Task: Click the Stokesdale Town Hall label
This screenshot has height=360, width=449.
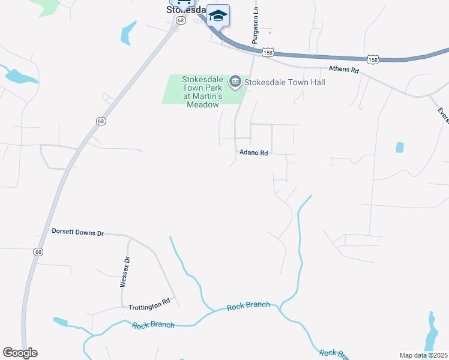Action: coord(285,82)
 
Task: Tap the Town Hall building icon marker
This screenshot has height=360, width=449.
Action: coord(235,82)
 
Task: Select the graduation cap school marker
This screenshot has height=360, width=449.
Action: coord(218,16)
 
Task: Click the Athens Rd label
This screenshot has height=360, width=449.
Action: coord(343,70)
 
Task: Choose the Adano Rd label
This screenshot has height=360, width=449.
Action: coord(253,153)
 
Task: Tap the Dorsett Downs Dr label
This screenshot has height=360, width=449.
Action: coord(78,232)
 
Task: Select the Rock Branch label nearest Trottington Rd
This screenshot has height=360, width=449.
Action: coord(153,325)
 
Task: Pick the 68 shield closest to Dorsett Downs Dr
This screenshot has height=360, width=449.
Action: coord(38,251)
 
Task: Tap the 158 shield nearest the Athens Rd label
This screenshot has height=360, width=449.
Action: coord(373,59)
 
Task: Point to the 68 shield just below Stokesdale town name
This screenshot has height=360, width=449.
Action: coord(180,19)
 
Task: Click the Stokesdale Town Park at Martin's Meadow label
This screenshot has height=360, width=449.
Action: coord(194,92)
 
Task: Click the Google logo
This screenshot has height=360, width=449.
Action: coord(20,353)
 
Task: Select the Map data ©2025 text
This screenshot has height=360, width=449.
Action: coord(423,355)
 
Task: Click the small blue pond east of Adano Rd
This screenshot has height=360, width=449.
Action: coord(400,147)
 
